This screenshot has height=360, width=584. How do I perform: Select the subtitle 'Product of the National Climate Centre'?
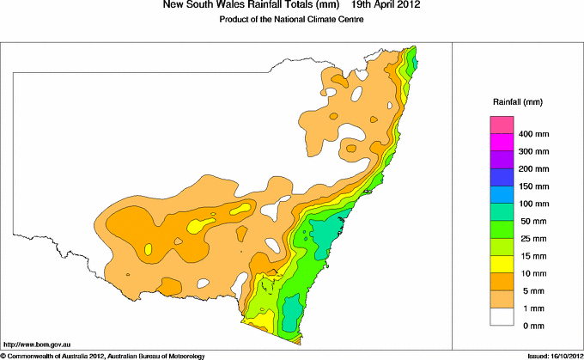(x=291, y=20)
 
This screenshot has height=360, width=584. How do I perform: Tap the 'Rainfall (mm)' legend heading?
(x=516, y=101)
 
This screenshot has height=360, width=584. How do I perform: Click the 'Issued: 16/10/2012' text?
(x=549, y=355)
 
